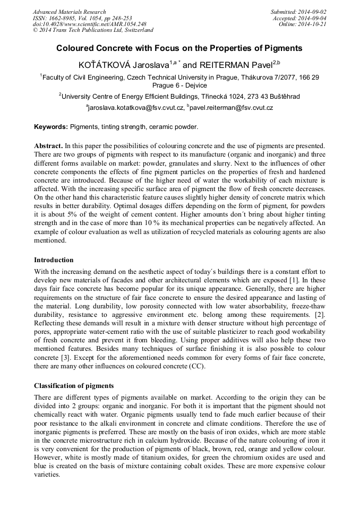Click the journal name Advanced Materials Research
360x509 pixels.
tap(69, 12)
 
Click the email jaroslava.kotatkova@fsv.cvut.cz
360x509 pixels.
tap(135, 108)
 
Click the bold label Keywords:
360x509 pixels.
tap(50, 127)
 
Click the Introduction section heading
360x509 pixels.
tap(54, 260)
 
